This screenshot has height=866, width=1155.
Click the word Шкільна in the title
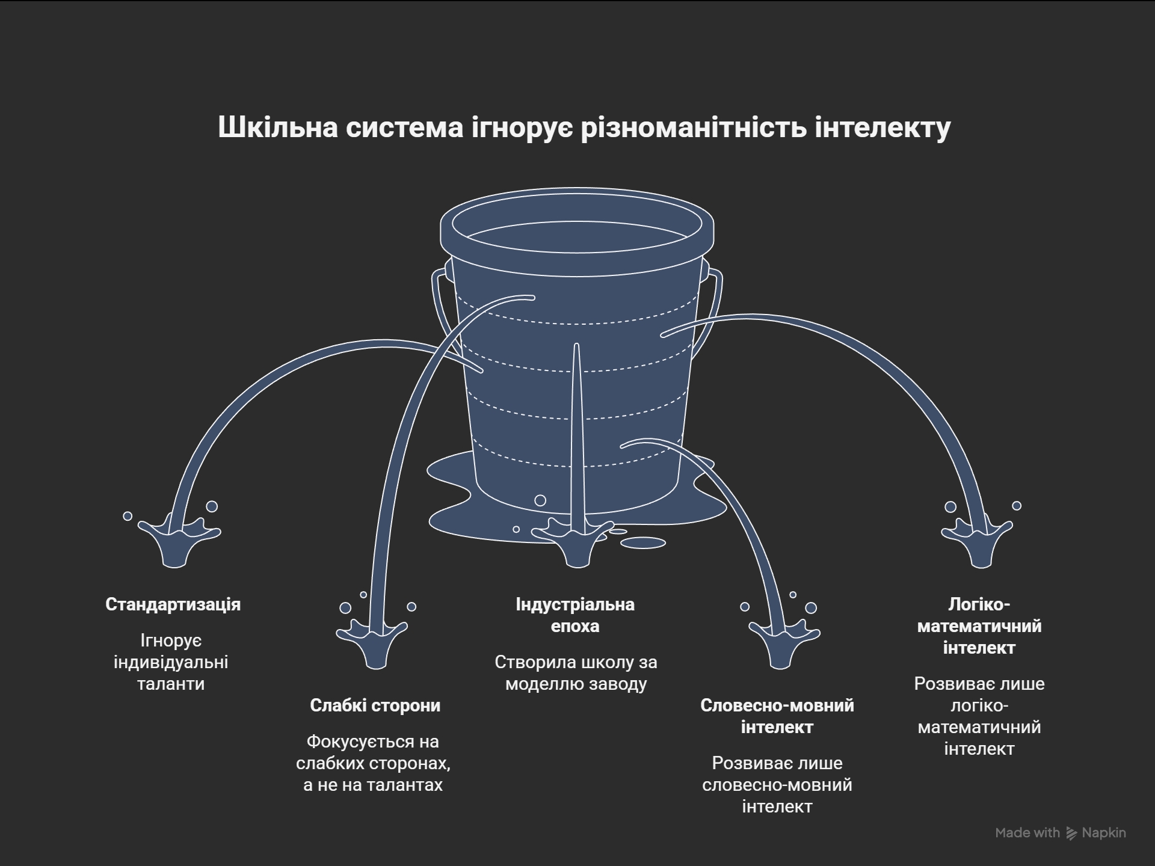coord(277,127)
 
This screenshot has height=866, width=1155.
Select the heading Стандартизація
coord(173,604)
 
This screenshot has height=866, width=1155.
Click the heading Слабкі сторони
coord(375,705)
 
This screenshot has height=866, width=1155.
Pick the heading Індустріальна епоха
coord(575,615)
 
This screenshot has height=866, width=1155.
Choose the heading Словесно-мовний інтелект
coord(777,716)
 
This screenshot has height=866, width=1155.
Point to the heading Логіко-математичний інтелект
coord(979,626)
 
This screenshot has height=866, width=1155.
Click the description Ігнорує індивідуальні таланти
coord(171,662)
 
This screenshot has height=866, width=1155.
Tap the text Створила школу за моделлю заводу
coord(576,673)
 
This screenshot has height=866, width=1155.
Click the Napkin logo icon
coord(1071,833)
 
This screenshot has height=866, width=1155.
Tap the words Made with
coord(1027,833)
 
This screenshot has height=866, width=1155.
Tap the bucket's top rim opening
coord(576,229)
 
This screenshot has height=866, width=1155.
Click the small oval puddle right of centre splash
coord(642,543)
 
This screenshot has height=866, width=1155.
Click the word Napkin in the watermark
coord(1104,833)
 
